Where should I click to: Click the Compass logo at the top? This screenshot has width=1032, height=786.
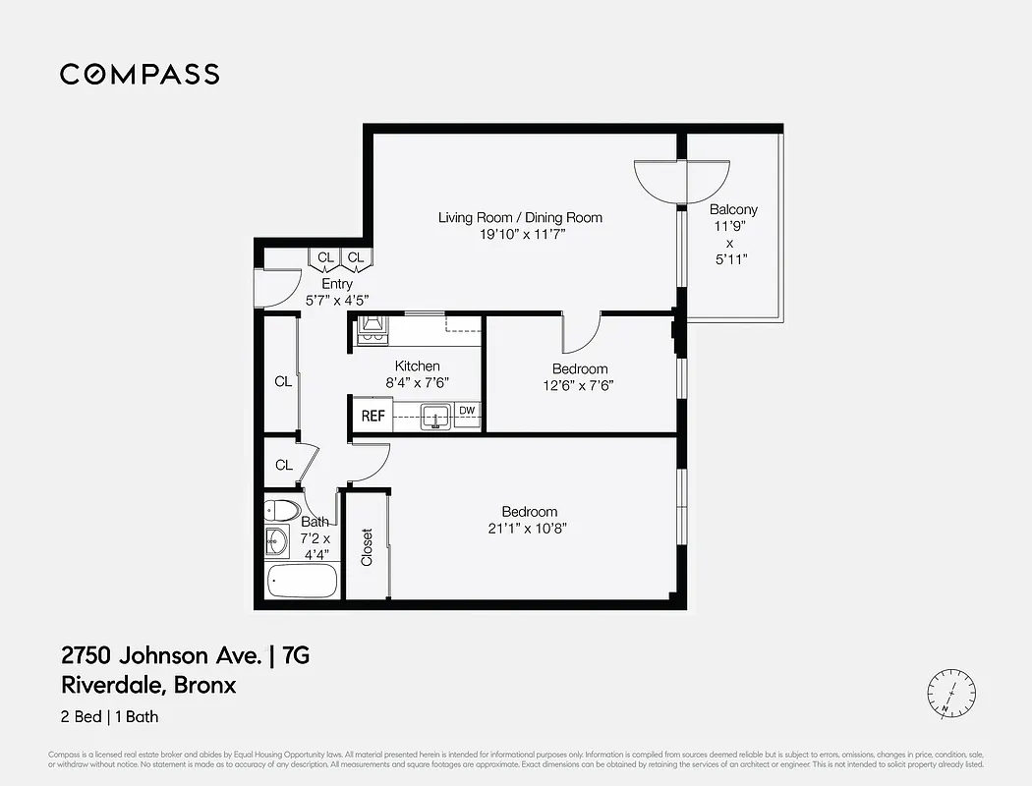tap(140, 74)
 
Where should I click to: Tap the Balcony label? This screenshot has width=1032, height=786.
tap(733, 209)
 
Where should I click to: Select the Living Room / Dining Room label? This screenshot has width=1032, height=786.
tap(520, 217)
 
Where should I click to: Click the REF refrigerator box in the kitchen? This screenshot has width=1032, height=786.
tap(373, 416)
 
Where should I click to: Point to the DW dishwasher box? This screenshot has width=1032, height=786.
tap(468, 411)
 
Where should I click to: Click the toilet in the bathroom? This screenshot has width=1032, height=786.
tap(282, 511)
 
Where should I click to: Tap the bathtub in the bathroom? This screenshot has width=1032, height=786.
tap(302, 581)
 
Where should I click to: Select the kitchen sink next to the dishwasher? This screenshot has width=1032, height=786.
tap(435, 417)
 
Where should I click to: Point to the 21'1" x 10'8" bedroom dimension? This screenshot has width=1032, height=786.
tap(530, 529)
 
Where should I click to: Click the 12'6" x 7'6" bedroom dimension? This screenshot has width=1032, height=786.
tap(580, 386)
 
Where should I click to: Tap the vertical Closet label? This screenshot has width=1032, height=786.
tap(367, 548)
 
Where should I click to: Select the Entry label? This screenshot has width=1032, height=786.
tap(337, 284)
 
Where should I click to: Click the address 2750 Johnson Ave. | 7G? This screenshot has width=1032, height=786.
tap(185, 655)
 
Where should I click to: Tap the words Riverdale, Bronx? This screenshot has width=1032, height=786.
tap(148, 685)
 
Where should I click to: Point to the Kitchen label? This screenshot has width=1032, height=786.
tap(417, 366)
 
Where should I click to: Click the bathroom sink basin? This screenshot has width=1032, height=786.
tap(277, 541)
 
